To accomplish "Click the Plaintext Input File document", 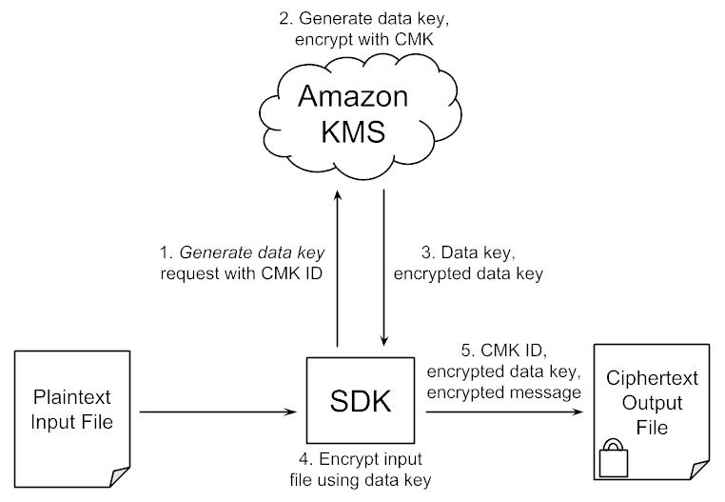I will [x=72, y=411].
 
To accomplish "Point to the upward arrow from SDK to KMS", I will [x=337, y=267].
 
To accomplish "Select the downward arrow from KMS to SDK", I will [x=383, y=267].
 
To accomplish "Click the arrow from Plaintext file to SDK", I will [x=214, y=412].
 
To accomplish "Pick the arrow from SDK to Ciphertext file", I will [x=504, y=412].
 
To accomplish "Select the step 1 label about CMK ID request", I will [x=244, y=264].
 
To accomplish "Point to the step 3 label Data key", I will [x=481, y=264].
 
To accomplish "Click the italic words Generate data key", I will [x=253, y=254].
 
